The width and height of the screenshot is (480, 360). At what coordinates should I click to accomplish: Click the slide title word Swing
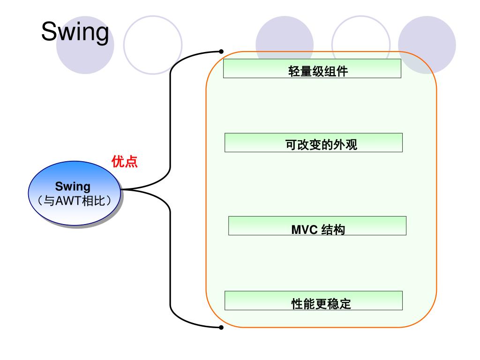[75, 32]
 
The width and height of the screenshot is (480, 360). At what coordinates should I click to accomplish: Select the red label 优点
[124, 162]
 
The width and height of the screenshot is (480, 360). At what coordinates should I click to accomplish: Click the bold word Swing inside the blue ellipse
[73, 187]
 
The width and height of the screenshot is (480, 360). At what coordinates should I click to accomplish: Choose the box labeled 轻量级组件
[312, 68]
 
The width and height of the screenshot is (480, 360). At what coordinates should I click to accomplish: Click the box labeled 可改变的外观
[313, 142]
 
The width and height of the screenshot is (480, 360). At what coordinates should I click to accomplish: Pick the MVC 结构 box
[317, 225]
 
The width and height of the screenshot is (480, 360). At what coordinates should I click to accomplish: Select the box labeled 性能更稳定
[313, 300]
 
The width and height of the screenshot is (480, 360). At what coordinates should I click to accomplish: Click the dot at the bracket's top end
[221, 52]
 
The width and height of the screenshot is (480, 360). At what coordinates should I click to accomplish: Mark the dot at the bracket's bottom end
[221, 327]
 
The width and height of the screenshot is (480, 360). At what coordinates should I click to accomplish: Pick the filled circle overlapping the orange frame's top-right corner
[427, 45]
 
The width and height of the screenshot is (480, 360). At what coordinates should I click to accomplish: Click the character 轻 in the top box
[293, 72]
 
